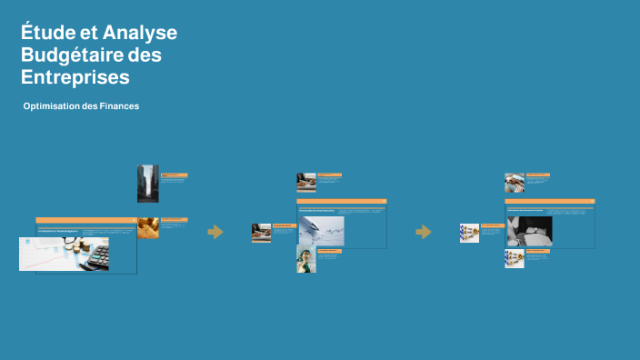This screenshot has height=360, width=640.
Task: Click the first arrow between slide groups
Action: tap(215, 232)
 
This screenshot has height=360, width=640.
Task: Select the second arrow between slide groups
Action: tap(424, 232)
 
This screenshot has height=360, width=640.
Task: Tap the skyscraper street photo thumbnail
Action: tap(147, 183)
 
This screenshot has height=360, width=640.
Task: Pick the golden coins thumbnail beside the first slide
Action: tap(148, 227)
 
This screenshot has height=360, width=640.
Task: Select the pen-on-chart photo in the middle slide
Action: tap(321, 231)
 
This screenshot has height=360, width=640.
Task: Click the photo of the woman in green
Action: tap(305, 259)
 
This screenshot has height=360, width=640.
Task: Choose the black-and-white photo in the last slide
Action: tap(529, 231)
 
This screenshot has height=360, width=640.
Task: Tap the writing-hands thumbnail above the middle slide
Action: tap(305, 183)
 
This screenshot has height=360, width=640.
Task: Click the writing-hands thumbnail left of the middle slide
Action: tap(261, 233)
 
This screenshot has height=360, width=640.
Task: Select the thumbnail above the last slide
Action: tap(515, 183)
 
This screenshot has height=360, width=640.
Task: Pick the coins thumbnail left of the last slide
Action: tap(469, 234)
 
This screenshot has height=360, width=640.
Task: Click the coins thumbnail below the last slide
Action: tap(514, 258)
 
